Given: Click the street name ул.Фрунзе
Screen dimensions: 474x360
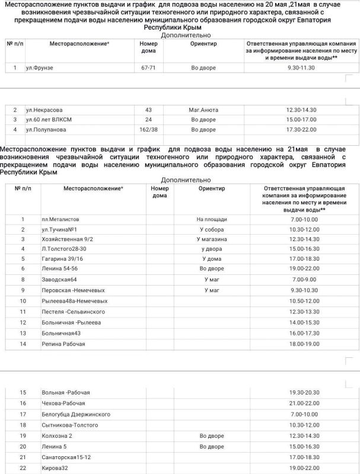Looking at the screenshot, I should [40, 68].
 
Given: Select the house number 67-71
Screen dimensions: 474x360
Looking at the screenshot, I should [148, 68].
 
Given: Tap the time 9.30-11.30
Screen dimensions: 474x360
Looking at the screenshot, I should [300, 68].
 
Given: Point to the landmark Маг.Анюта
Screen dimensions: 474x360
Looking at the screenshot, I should [203, 110].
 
